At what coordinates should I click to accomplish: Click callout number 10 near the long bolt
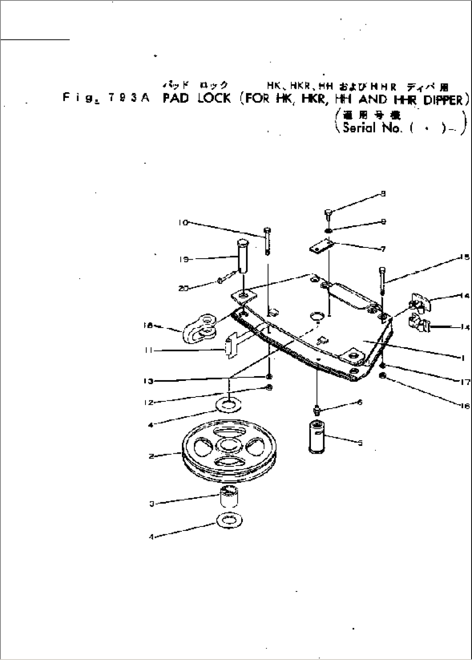182,223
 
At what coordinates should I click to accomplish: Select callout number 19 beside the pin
182,259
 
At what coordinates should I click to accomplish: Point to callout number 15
466,257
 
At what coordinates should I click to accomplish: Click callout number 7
383,249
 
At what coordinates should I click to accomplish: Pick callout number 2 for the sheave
151,456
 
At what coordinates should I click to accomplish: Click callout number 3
152,504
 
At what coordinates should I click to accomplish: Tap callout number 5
360,443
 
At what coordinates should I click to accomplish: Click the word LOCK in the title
214,98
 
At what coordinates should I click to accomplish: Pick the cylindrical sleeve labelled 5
317,436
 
